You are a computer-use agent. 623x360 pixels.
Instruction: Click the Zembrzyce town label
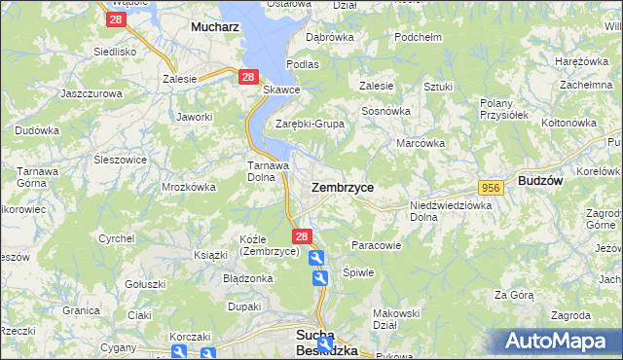coord(342,186)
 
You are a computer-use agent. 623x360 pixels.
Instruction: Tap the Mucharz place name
coord(215,28)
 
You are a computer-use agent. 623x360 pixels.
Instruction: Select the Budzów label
coord(543,181)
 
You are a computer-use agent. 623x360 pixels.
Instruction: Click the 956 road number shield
coord(491,187)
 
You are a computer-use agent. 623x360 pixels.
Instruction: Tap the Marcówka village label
coord(421,143)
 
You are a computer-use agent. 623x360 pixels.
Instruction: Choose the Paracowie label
coord(376,245)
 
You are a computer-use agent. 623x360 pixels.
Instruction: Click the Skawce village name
coord(281,90)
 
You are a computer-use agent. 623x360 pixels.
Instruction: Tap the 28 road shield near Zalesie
coord(248,77)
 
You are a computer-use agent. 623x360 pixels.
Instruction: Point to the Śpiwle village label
coord(358,272)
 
